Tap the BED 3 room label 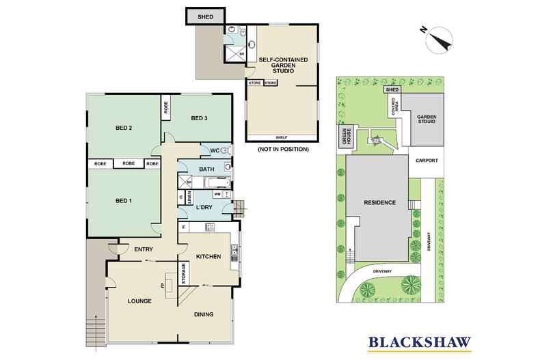199,119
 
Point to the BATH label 206,169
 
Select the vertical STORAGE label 183,273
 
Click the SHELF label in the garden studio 281,137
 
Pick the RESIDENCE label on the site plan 377,203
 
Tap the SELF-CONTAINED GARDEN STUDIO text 281,65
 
